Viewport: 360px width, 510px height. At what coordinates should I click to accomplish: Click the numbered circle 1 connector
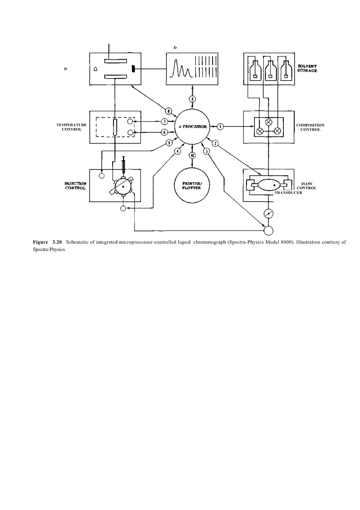coord(220,127)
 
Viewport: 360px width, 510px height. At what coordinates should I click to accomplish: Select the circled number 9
coord(192,98)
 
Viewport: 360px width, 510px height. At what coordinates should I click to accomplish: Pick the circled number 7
coord(164,122)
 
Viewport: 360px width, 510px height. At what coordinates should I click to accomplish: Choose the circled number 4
coord(177,151)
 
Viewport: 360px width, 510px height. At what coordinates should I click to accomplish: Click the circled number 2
coord(216,143)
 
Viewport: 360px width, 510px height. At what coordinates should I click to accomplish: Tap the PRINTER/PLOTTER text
coord(192,185)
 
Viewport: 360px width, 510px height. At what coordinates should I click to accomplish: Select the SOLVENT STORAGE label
coord(307,68)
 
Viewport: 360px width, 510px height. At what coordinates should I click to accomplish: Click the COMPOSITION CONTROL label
coord(310,127)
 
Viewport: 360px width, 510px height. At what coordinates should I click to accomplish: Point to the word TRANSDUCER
coord(288,192)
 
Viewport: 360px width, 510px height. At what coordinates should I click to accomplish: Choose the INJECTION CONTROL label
coord(75,185)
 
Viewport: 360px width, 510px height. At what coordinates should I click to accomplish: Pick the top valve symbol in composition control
coord(269,121)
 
